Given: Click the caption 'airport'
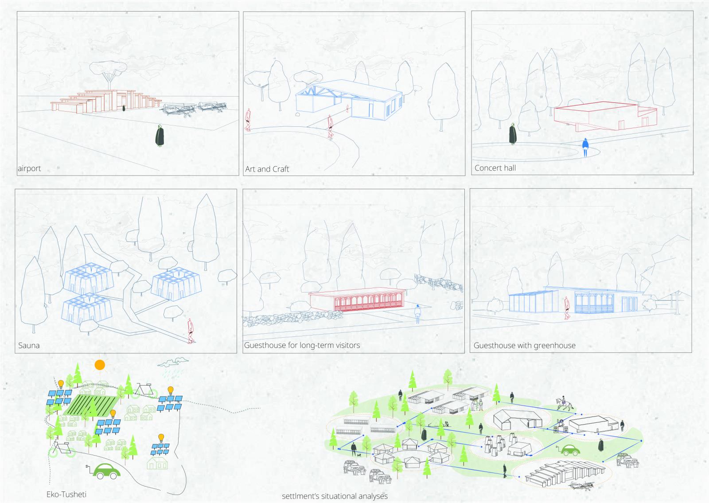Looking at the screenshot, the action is [x=29, y=168].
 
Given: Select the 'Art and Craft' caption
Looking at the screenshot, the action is [x=267, y=169].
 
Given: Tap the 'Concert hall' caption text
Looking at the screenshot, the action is [x=495, y=168].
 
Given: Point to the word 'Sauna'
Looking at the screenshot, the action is [x=29, y=345].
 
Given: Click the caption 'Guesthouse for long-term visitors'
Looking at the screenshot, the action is [x=302, y=345].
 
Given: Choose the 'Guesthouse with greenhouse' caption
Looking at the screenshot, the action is [x=525, y=345].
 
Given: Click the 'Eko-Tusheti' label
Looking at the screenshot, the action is [x=66, y=494].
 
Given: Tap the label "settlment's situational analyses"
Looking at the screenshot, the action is [x=335, y=496].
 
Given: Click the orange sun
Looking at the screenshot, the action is [x=100, y=365].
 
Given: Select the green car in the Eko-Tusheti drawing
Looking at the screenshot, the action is [x=106, y=471].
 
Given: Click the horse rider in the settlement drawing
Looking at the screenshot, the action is [x=565, y=404].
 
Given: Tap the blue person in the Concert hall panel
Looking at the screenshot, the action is [x=585, y=148].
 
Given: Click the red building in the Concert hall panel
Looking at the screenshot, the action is [x=605, y=116].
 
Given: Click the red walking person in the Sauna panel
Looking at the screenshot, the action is [x=190, y=331].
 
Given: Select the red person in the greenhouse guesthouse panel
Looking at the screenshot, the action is [x=567, y=308].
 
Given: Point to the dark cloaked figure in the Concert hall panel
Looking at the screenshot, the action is [x=513, y=134].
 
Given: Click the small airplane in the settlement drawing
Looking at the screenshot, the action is [x=581, y=485].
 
